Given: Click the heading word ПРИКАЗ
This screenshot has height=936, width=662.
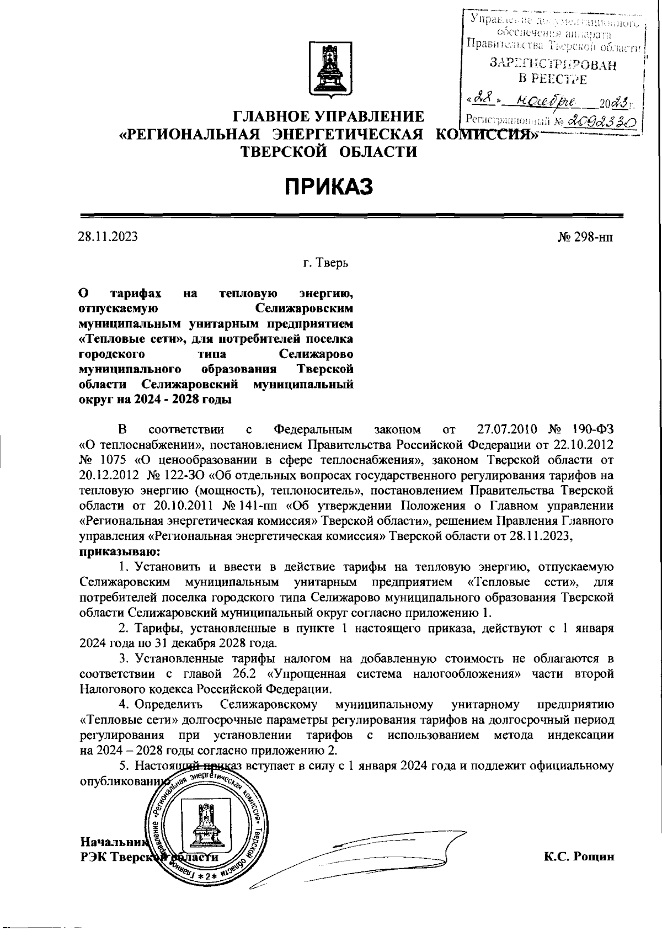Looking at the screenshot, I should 329,187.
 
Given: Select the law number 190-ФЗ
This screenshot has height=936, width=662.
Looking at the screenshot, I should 590,430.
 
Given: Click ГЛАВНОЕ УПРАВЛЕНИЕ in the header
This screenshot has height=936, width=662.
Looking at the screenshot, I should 329,117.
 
